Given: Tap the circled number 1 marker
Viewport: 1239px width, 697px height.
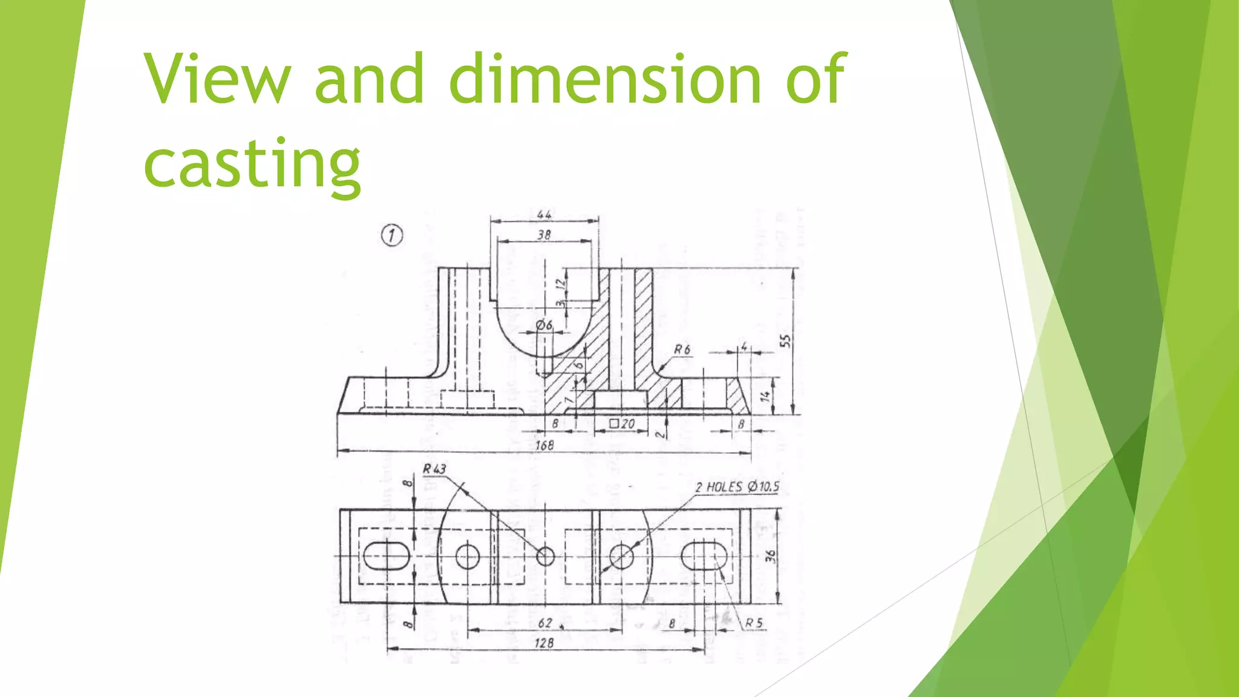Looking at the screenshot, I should (x=392, y=235).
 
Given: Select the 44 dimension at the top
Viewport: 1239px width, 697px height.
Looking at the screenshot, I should (x=544, y=215).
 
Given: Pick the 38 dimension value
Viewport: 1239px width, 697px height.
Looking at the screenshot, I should (x=544, y=235).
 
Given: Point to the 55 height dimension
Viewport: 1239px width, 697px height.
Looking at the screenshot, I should (x=785, y=341).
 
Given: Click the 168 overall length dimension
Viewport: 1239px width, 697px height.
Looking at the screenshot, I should (x=544, y=445).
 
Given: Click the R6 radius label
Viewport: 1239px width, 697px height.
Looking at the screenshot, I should (x=682, y=350).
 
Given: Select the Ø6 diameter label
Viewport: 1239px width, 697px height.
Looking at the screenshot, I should (x=544, y=326).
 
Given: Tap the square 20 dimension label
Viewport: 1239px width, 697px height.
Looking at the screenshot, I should (x=621, y=424).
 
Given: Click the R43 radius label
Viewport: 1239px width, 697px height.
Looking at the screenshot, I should (x=434, y=469).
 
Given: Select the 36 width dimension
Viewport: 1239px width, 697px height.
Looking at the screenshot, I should (x=770, y=556).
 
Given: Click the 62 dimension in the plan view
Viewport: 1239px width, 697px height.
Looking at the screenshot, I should (x=544, y=623).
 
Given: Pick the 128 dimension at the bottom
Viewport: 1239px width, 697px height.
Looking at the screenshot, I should (x=544, y=643).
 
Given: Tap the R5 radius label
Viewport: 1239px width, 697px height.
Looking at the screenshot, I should (x=753, y=623).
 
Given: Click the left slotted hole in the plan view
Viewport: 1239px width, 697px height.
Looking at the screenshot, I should (x=386, y=556).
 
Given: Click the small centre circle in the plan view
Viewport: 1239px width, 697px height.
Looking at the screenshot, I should (x=546, y=556).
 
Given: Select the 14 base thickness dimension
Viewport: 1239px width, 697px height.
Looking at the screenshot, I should (x=765, y=396).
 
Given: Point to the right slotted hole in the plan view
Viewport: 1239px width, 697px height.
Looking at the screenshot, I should (x=704, y=556).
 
